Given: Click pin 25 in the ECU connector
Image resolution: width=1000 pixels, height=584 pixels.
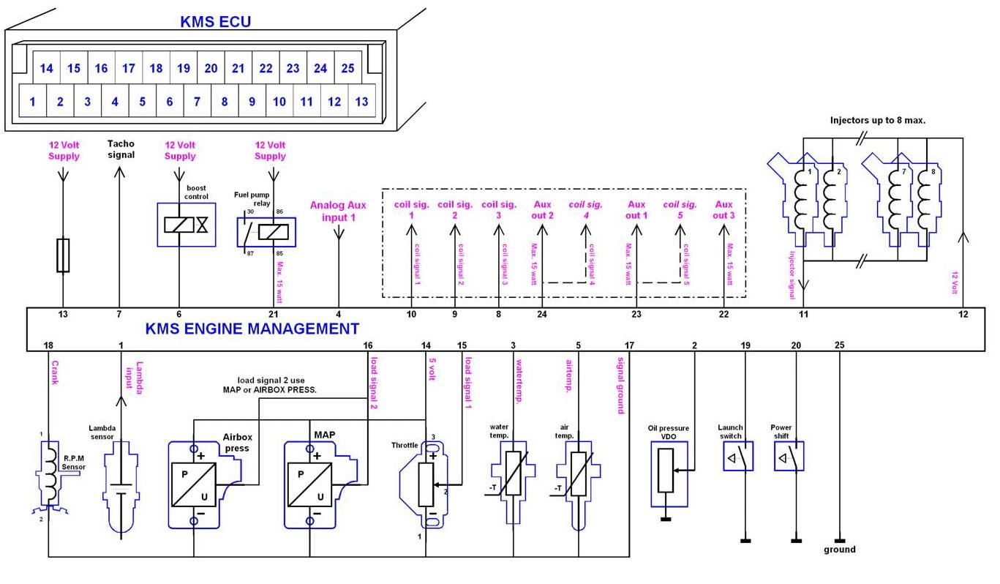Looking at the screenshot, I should [347, 69].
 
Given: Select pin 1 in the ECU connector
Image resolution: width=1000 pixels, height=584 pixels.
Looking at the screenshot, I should [33, 102].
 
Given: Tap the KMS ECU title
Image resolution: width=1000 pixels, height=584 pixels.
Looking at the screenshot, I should [215, 22].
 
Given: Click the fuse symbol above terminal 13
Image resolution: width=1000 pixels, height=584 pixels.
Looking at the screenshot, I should [64, 255].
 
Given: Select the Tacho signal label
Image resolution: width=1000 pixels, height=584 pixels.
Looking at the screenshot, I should [121, 149].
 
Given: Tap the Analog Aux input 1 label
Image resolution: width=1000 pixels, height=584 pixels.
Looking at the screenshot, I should [338, 211].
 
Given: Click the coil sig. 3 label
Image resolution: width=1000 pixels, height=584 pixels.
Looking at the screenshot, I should [499, 210].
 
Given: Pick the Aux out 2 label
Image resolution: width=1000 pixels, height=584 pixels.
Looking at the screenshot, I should [542, 210].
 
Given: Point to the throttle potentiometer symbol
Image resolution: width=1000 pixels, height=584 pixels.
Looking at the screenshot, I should [425, 483].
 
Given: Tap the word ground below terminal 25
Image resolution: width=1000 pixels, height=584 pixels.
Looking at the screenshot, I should [839, 550].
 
